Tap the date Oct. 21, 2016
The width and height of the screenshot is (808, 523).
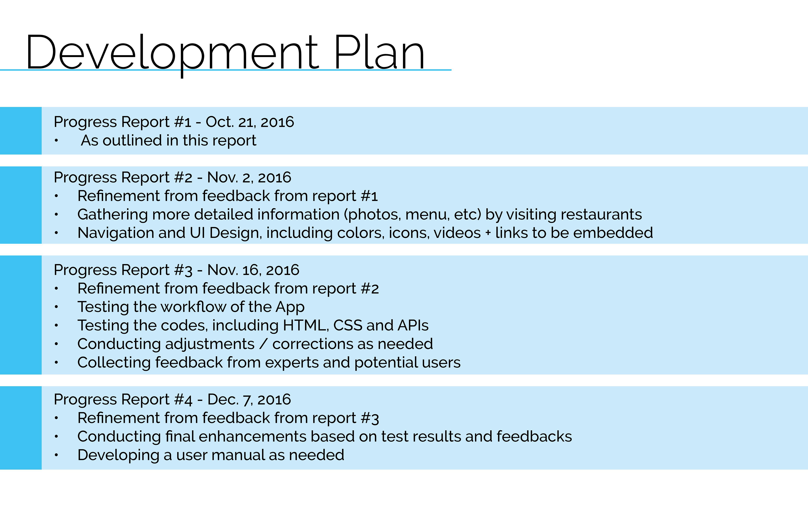point(250,122)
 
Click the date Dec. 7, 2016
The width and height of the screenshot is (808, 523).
point(249,399)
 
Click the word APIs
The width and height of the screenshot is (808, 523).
point(413,325)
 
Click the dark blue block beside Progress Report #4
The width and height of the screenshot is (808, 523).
point(21,428)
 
